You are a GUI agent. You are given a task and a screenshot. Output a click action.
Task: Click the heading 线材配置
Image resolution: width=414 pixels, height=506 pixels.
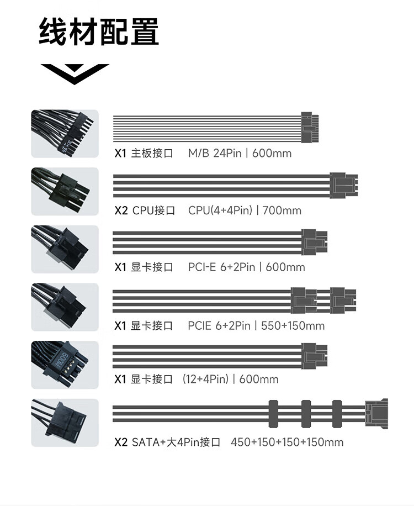tap(99, 31)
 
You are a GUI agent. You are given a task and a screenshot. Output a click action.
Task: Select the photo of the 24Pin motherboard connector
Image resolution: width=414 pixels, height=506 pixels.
tap(65, 134)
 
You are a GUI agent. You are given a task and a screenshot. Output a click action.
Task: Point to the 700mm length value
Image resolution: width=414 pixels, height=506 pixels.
tap(282, 210)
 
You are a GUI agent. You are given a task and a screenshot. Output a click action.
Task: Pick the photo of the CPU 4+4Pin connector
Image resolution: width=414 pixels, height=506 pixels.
tap(65, 191)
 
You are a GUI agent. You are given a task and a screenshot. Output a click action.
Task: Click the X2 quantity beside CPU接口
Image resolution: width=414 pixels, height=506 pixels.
tap(121, 210)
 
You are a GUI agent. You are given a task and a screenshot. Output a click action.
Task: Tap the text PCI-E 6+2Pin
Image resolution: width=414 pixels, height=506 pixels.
tap(221, 267)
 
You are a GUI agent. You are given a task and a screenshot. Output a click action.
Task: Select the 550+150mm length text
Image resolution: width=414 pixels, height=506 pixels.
tap(293, 325)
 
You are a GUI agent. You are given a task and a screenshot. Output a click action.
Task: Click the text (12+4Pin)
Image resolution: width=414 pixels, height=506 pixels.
tap(205, 379)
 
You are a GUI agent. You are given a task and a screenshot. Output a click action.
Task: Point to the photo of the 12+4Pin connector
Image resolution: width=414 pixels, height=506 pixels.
tap(65, 365)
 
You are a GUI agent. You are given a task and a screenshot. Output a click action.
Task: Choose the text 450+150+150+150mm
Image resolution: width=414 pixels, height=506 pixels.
tap(287, 442)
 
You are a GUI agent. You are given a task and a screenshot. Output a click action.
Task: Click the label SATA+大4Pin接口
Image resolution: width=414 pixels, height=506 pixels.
tap(176, 442)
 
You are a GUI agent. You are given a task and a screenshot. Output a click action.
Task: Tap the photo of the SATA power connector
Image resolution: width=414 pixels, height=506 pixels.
tap(65, 423)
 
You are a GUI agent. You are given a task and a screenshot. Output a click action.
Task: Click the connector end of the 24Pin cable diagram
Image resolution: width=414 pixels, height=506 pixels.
tap(310, 128)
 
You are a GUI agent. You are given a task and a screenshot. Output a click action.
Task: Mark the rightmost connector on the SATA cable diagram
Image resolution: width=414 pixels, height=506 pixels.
tap(376, 414)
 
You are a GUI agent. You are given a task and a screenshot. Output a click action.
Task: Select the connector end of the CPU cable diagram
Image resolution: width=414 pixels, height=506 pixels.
tap(344, 185)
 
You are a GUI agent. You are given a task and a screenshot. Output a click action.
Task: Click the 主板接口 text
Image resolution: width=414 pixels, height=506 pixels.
tap(152, 153)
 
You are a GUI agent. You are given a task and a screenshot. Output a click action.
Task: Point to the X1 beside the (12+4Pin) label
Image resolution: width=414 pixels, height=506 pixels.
tap(120, 379)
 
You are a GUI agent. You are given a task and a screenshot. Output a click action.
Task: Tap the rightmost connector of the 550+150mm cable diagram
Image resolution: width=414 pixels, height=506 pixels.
tap(343, 301)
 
